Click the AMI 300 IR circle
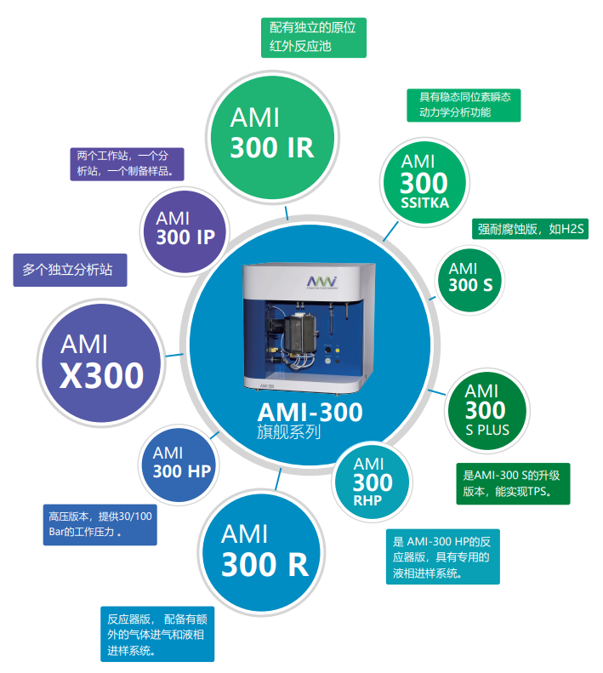[271, 134]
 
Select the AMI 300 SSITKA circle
[424, 181]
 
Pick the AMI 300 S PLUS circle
[487, 409]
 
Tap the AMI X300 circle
[101, 361]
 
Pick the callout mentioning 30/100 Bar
[100, 524]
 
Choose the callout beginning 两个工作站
[126, 163]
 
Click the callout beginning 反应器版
[156, 635]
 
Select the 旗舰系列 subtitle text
[288, 432]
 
